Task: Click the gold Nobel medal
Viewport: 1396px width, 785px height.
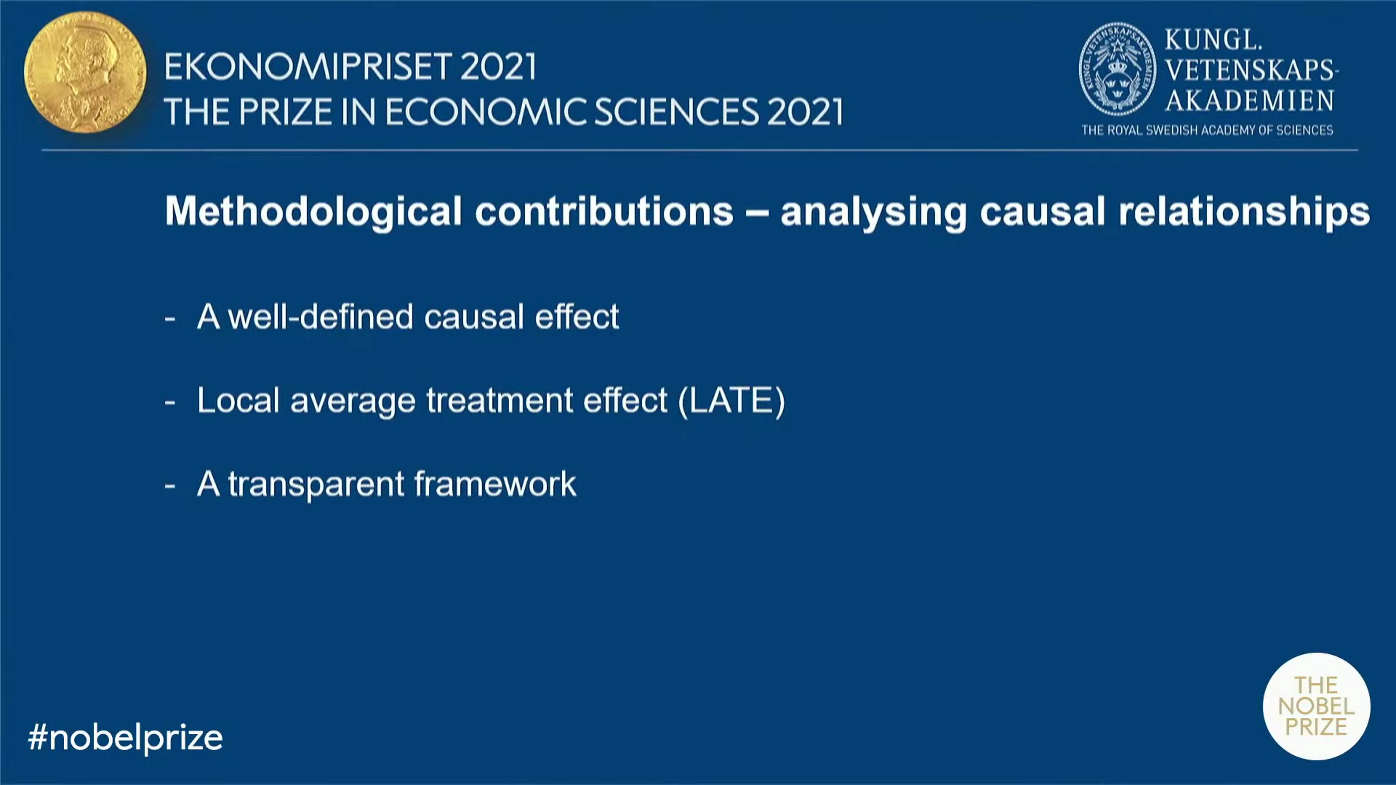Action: tap(85, 72)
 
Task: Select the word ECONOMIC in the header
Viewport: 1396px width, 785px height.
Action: tap(485, 112)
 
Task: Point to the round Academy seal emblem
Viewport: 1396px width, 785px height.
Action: tap(1117, 70)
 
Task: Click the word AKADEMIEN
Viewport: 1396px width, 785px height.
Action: tap(1250, 100)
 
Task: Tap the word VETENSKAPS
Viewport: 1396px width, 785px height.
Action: tap(1250, 70)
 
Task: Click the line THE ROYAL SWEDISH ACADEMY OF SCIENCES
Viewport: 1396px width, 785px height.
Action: tap(1207, 130)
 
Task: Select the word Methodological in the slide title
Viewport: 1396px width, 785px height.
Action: tap(313, 212)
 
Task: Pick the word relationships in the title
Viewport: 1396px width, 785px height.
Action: tap(1244, 212)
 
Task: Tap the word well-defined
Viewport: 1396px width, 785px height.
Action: tap(321, 317)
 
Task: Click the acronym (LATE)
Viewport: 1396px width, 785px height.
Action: tap(731, 400)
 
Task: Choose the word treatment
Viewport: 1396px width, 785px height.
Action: tap(500, 400)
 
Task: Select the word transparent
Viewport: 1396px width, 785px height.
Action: tap(316, 485)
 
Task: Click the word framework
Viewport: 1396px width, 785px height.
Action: tap(495, 484)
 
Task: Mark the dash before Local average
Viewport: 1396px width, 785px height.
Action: tap(170, 401)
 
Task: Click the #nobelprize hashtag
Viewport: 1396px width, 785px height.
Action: tap(125, 738)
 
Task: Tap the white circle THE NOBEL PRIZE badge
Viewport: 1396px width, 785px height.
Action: tap(1316, 706)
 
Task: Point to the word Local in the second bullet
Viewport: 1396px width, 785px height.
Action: tap(238, 400)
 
